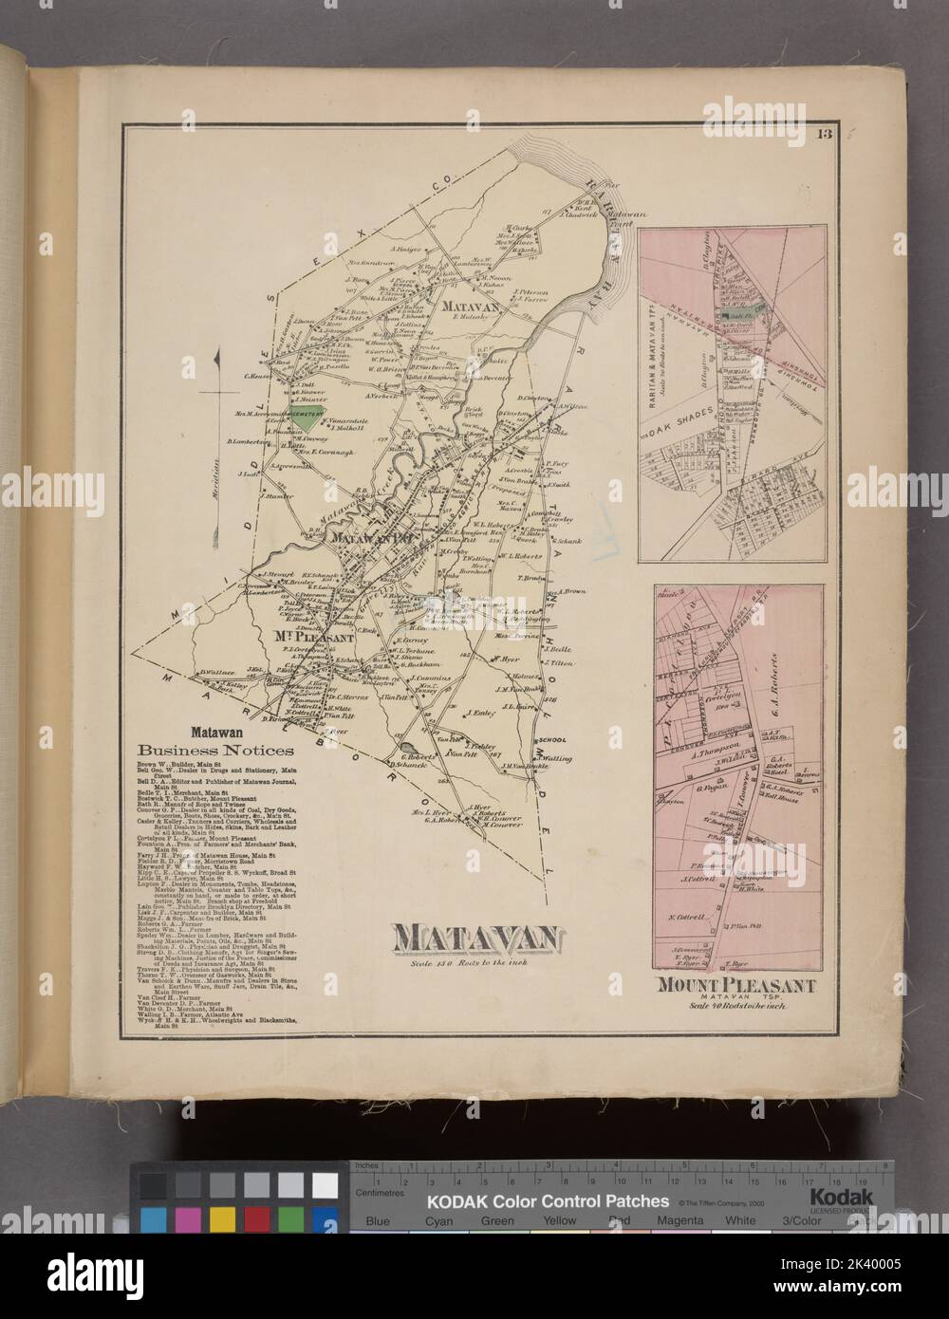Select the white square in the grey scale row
(326, 1237)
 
